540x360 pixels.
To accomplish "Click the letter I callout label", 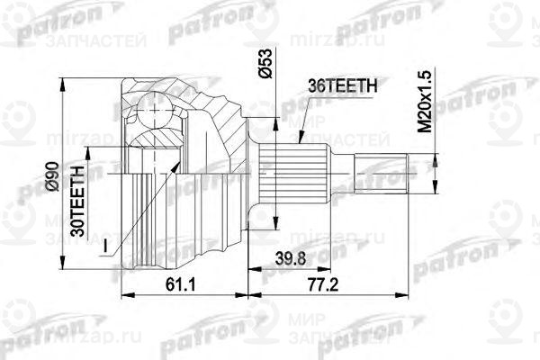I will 105,245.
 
